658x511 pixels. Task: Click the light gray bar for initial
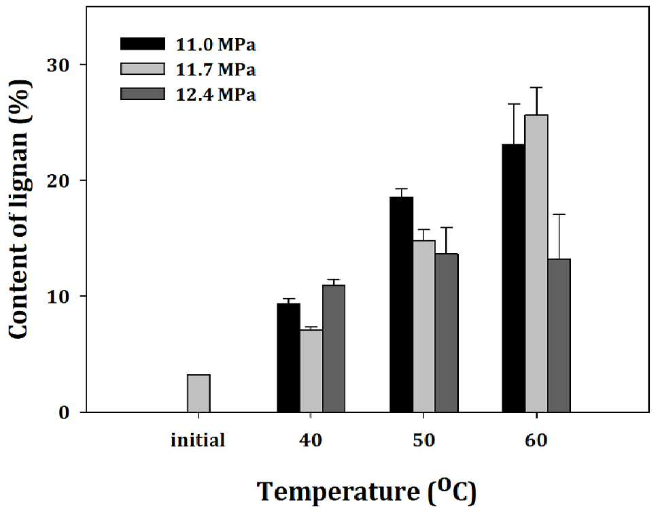coord(198,393)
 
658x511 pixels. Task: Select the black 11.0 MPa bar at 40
coord(288,358)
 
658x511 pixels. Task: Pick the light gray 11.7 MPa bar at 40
coord(311,371)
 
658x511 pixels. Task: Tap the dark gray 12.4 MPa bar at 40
coord(334,349)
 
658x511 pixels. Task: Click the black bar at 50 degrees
coord(401,304)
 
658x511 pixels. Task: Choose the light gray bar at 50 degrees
coord(424,327)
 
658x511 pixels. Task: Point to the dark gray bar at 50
coord(447,333)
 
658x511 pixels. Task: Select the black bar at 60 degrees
coord(514,278)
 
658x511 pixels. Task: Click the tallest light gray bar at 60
coord(536,263)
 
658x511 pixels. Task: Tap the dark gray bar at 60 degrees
coord(559,335)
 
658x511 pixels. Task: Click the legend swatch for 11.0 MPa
coord(143,44)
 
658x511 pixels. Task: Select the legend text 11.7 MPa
coord(215,69)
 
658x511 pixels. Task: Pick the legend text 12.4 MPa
coord(215,94)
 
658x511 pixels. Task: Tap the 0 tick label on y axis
coord(64,412)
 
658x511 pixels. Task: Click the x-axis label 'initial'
coord(198,440)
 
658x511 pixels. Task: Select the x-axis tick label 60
coord(536,440)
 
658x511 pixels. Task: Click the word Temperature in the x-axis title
coord(338,491)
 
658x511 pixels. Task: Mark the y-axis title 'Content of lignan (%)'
coord(19,209)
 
